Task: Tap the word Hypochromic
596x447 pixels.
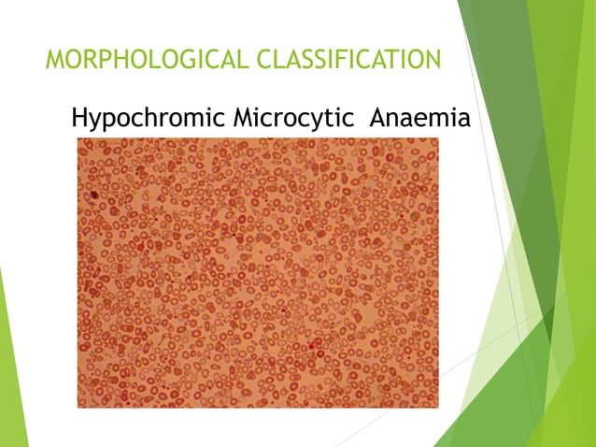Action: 148,120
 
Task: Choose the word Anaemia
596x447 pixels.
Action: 419,119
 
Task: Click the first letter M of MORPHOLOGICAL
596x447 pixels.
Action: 55,61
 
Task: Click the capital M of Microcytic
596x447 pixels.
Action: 246,119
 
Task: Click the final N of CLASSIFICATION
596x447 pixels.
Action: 431,61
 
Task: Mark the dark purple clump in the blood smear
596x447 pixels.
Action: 94,195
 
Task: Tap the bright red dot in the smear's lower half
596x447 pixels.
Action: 313,353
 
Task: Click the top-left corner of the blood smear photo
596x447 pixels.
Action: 78,138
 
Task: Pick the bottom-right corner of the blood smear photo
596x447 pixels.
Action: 438,408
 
